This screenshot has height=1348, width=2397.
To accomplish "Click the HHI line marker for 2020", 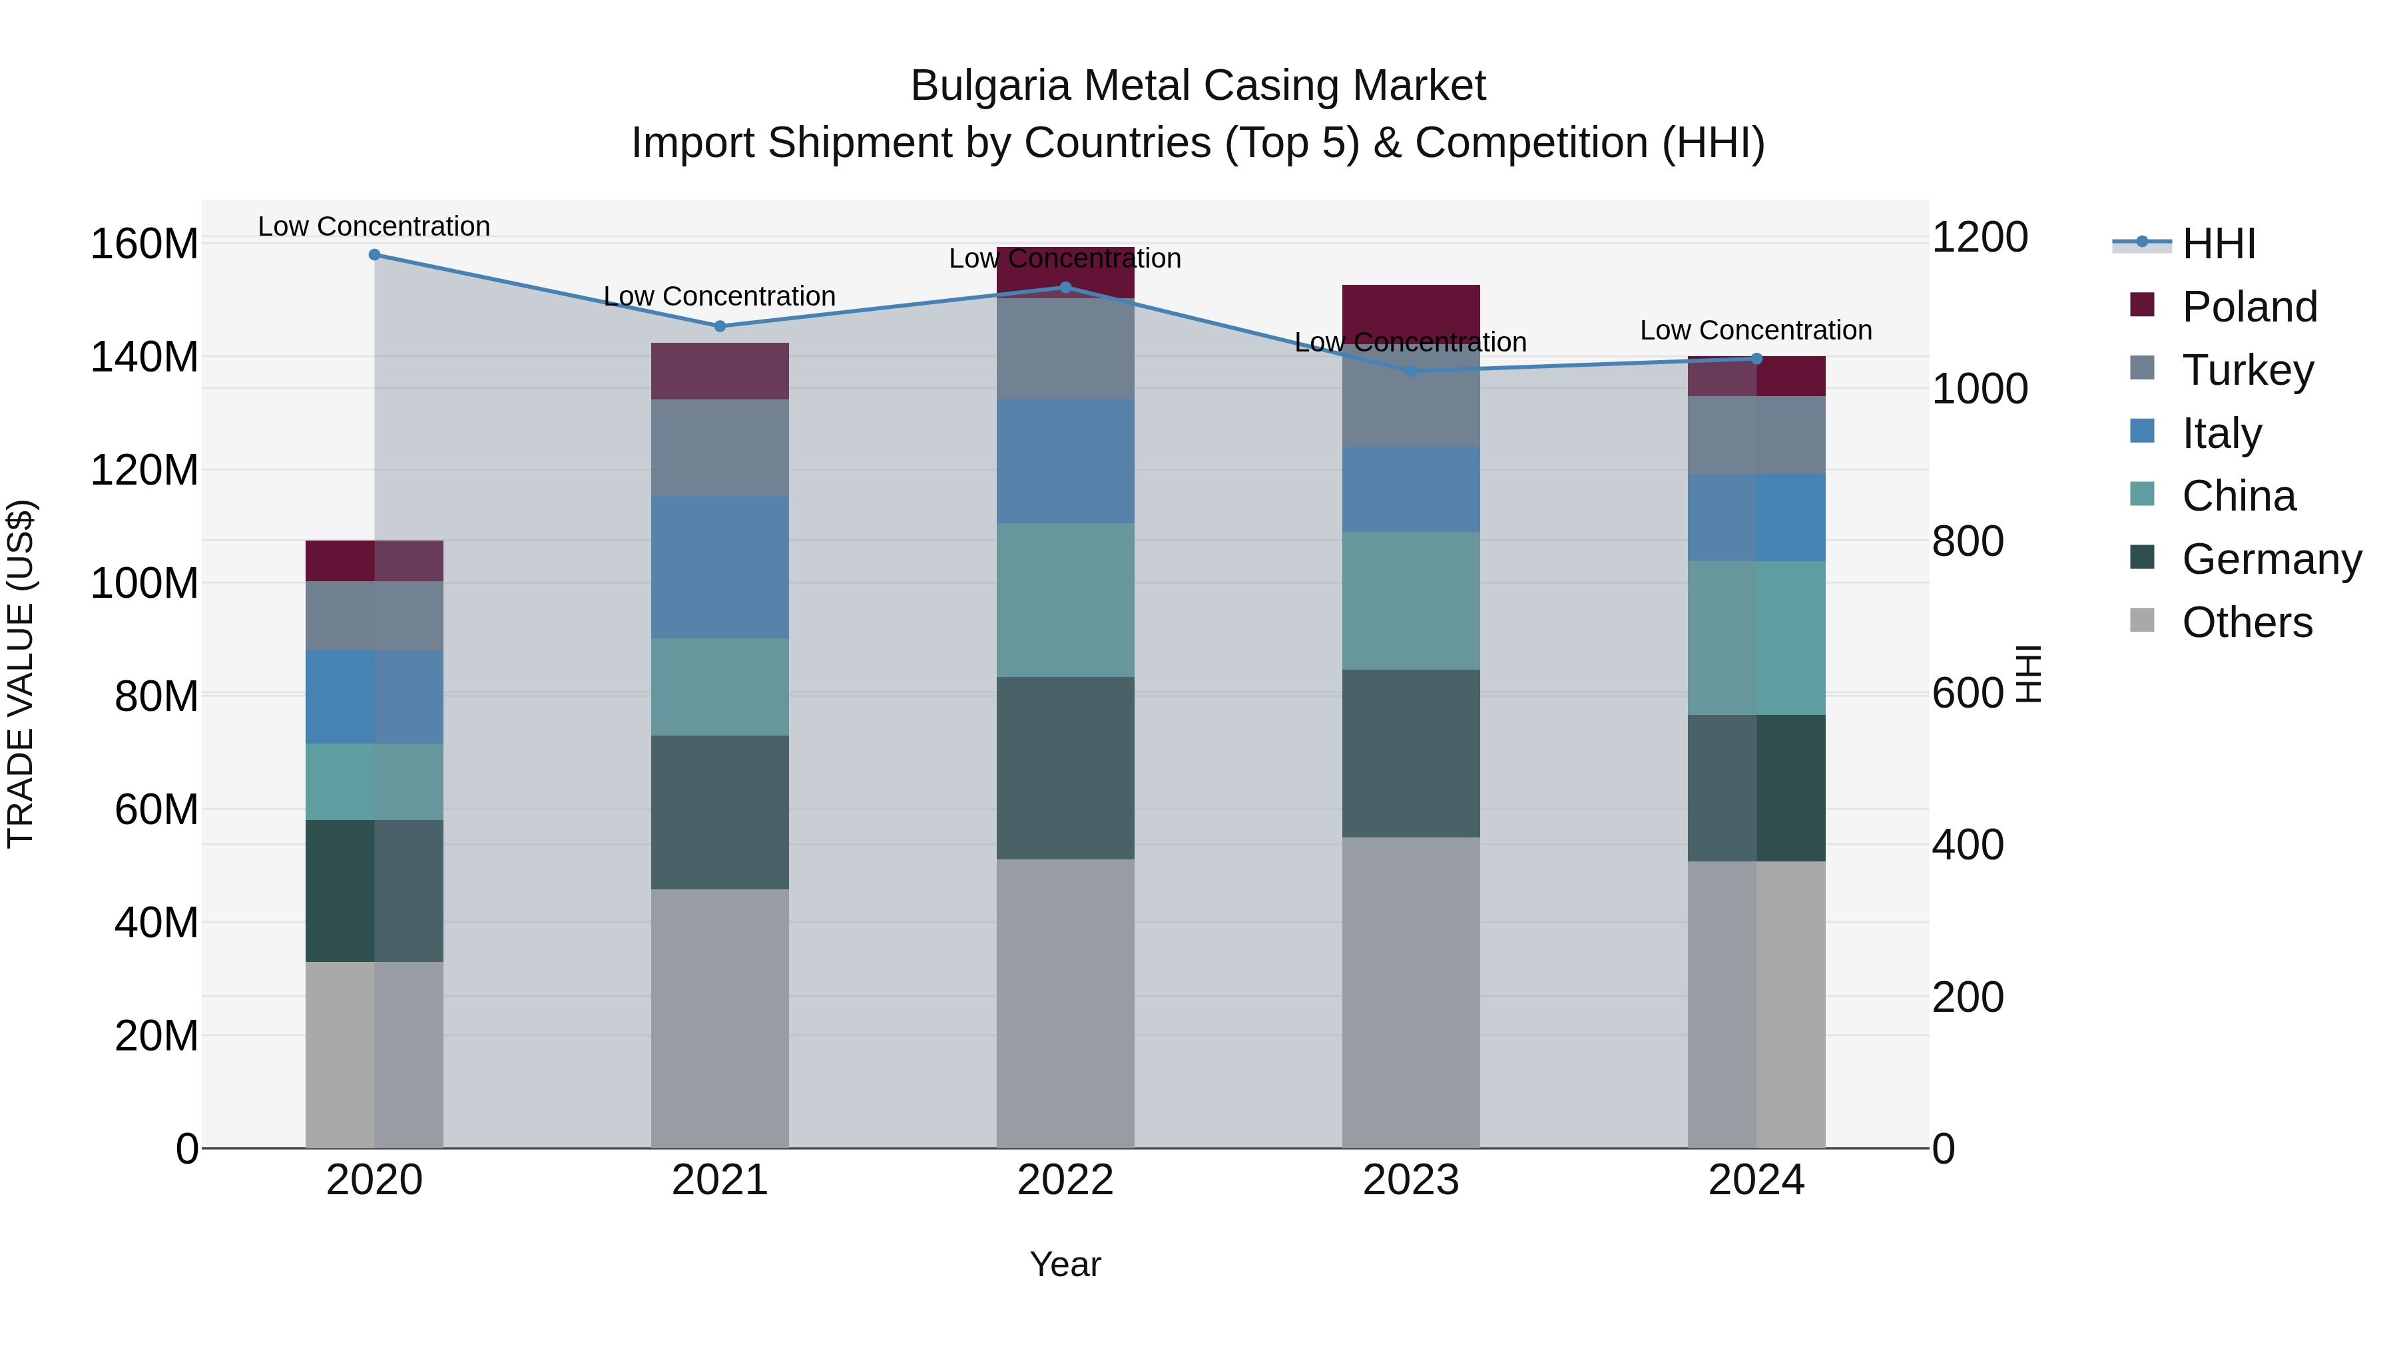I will tap(374, 254).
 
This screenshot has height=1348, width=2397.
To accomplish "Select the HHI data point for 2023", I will tap(1411, 371).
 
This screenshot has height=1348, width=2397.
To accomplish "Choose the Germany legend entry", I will tap(2270, 559).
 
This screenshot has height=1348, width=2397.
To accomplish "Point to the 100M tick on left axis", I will tap(144, 583).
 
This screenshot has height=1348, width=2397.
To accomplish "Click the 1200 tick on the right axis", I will tap(1980, 237).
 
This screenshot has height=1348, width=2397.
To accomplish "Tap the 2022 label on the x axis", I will tap(1065, 1180).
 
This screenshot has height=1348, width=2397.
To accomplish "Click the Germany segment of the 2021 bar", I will tap(719, 812).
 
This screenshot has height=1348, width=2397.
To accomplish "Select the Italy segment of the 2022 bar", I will tap(1065, 461).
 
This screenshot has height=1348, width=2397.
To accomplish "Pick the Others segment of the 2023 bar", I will tap(1411, 992).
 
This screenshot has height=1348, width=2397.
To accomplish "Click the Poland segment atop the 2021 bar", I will tap(719, 371).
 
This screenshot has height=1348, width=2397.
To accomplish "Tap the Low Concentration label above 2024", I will tap(1756, 330).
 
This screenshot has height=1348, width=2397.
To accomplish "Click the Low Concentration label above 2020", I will tap(374, 226).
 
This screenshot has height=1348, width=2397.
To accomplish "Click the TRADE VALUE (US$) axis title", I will tap(21, 674).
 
